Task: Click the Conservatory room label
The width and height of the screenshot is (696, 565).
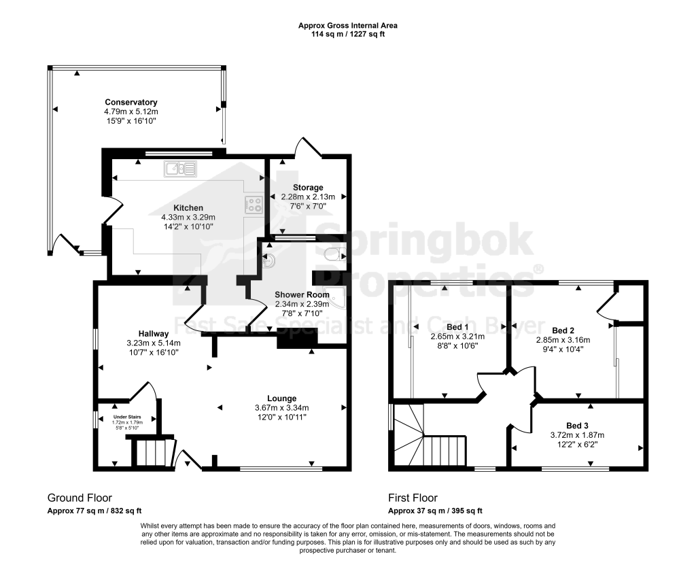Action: click(x=131, y=102)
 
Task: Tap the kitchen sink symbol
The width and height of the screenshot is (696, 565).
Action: click(x=179, y=169)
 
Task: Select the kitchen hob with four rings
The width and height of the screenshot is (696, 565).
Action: click(x=254, y=205)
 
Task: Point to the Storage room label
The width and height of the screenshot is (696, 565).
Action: click(x=308, y=188)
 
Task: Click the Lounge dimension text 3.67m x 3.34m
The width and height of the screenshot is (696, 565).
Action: click(x=282, y=408)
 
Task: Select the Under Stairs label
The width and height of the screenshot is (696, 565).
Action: click(x=127, y=417)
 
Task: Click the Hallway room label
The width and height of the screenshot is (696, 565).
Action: click(x=154, y=334)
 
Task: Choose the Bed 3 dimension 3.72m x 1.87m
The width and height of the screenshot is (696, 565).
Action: click(x=577, y=435)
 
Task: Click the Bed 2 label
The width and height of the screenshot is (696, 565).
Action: click(x=563, y=330)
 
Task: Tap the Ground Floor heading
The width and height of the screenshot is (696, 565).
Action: click(x=80, y=498)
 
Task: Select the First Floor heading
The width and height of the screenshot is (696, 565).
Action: click(x=413, y=498)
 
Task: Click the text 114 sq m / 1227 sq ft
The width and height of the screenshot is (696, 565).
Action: click(x=347, y=34)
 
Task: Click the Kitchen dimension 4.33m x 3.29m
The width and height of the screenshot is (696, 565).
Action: click(x=188, y=217)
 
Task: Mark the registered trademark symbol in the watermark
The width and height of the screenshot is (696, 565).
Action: click(x=538, y=269)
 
